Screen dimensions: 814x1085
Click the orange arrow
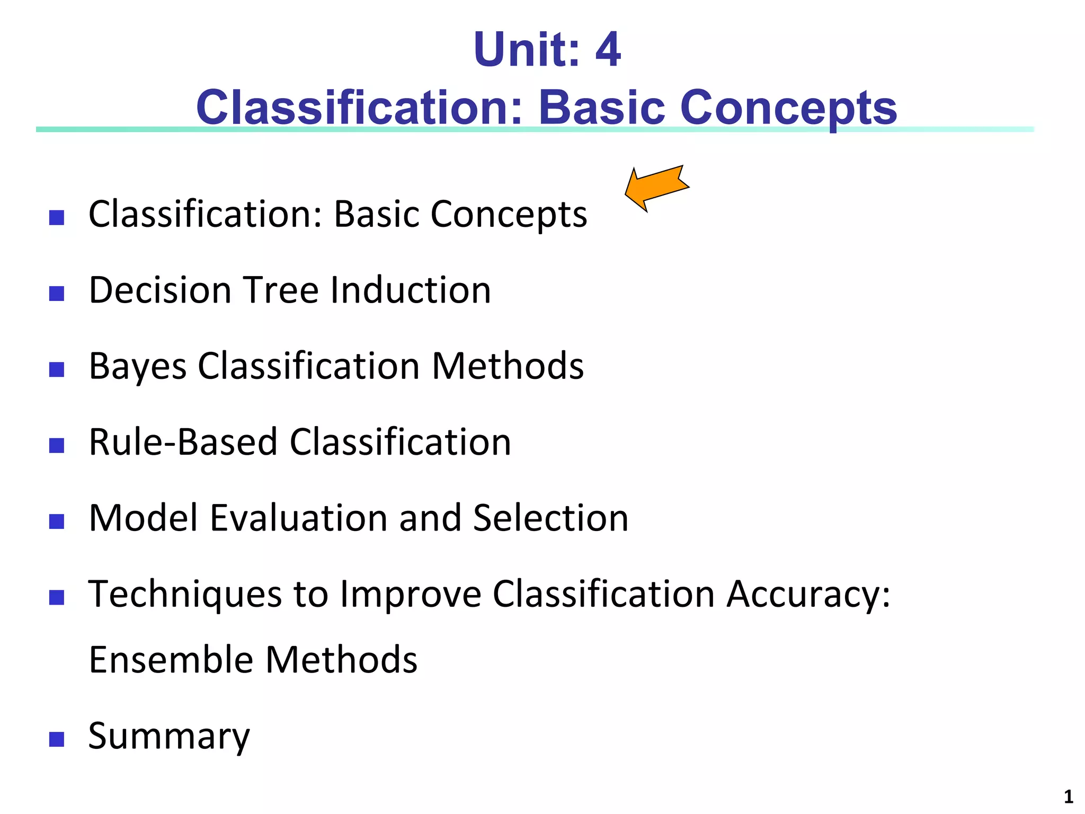point(657,188)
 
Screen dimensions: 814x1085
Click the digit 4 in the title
point(608,50)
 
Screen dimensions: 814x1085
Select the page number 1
point(1068,797)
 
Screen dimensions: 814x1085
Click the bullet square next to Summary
point(57,739)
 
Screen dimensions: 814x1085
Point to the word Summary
point(168,737)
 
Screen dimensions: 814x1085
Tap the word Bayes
point(138,367)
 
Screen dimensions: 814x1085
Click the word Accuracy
point(808,594)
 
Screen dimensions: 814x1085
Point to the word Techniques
point(185,594)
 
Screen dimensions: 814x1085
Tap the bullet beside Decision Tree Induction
point(57,293)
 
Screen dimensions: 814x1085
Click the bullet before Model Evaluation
point(57,521)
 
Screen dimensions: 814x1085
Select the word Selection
point(550,518)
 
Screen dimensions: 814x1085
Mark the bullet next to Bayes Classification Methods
point(57,369)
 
